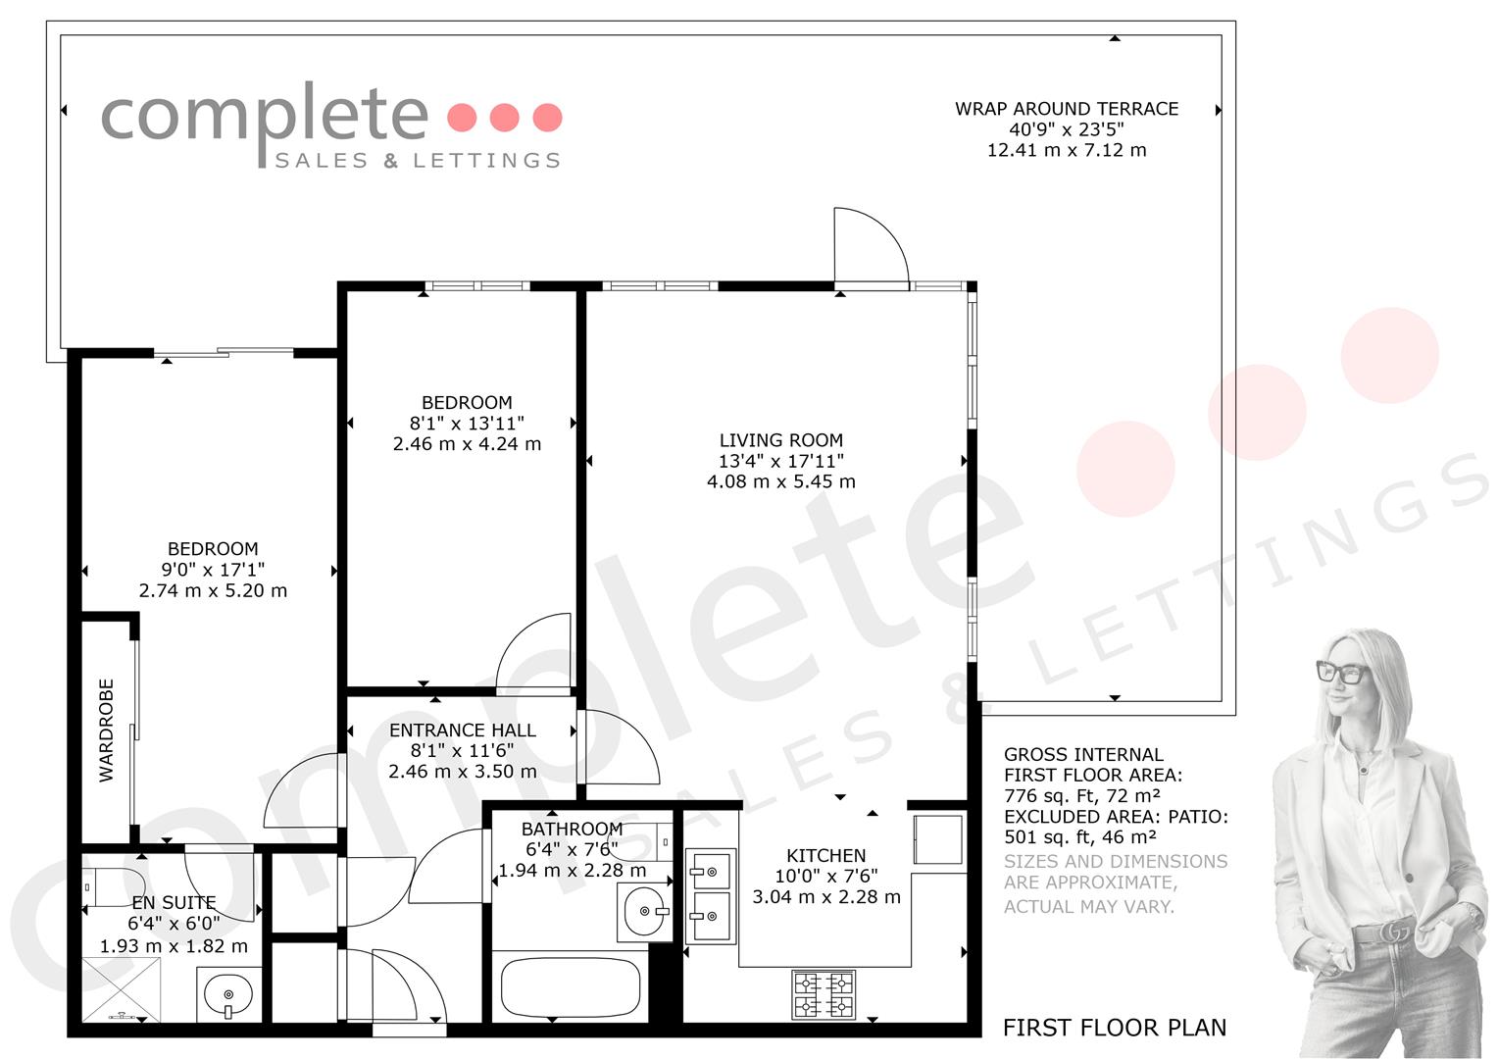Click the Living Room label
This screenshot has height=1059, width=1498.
[x=781, y=440]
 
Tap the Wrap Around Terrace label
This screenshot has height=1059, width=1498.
[x=1067, y=109]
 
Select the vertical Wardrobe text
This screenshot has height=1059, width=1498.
[x=106, y=730]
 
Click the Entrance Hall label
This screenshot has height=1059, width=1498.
[x=463, y=730]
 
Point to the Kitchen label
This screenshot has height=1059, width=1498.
[x=825, y=855]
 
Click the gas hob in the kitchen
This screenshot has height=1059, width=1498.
[x=824, y=994]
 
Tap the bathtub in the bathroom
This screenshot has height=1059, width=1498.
[x=570, y=987]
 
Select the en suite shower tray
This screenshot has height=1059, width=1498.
[x=121, y=989]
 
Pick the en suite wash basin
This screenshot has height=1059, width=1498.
[x=228, y=995]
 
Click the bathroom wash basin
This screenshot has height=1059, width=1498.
[x=645, y=911]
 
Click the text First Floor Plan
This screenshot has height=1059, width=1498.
[x=1115, y=1027]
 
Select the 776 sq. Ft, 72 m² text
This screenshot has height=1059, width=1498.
[x=1082, y=795]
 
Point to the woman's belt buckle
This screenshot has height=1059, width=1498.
[x=1394, y=931]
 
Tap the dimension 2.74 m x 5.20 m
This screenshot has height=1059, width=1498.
[x=213, y=590]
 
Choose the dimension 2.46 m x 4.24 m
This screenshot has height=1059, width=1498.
[x=467, y=443]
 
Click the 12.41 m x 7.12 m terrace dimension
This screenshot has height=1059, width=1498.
[x=1067, y=150]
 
